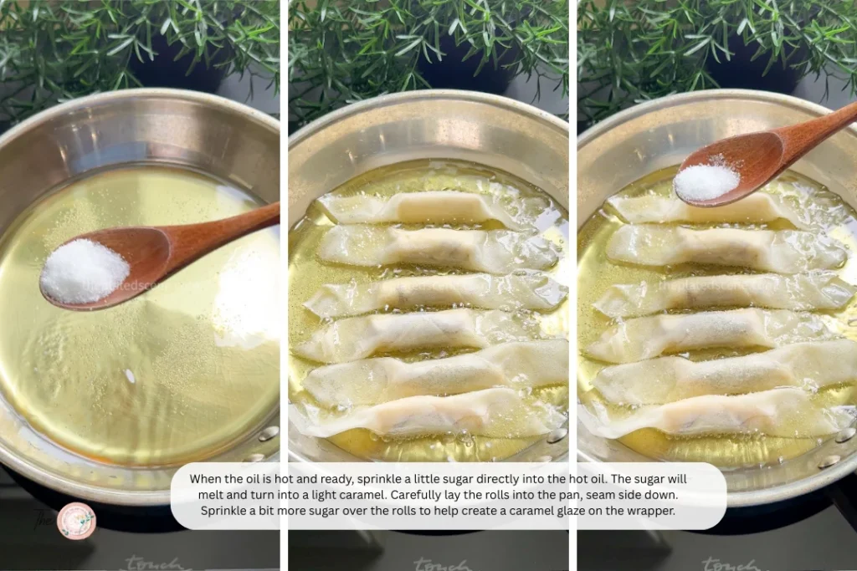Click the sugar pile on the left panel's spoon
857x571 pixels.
[x=84, y=270]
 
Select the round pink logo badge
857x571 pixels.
[x=76, y=520]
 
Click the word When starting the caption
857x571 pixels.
[x=205, y=479]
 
